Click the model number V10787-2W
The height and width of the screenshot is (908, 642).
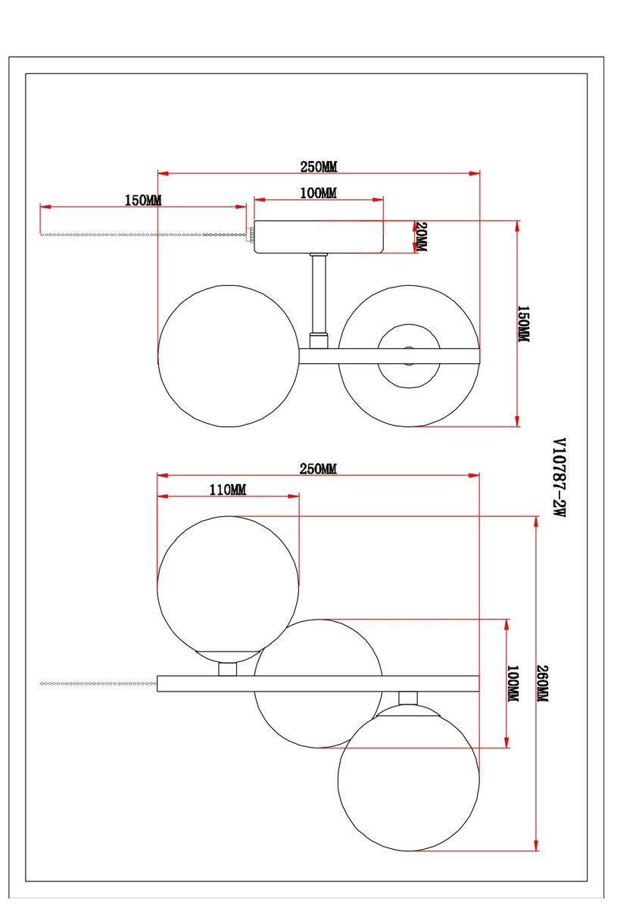coord(559,477)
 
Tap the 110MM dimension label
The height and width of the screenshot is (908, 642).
coord(227,490)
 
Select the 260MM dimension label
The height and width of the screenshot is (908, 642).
coord(542,684)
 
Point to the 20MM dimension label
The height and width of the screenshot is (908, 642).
coord(421,237)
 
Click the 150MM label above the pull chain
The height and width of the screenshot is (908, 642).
coord(143,201)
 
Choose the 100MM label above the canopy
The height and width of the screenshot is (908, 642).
coord(318,194)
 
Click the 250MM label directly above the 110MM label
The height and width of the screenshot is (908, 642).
coord(318,469)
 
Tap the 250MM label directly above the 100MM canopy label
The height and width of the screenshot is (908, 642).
coord(318,166)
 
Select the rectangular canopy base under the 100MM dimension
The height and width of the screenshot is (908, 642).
coord(319,236)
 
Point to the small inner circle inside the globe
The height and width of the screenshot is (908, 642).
coord(409,355)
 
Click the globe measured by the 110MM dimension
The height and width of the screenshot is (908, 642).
coord(228,583)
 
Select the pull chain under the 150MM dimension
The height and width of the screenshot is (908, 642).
coord(144,235)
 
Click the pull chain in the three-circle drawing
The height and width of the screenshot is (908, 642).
coord(98,683)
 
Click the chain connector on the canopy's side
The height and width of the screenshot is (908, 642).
coord(251,235)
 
